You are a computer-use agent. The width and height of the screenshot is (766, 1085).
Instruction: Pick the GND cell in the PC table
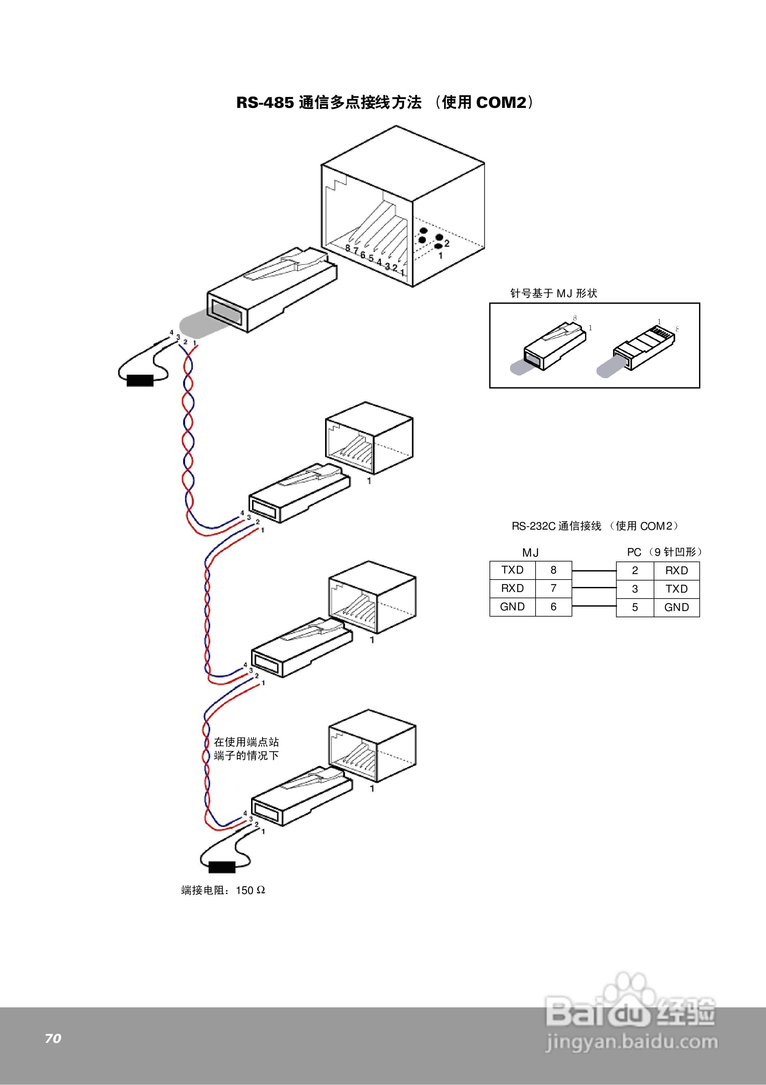(x=676, y=607)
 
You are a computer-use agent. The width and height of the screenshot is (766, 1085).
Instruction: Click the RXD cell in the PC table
(x=676, y=571)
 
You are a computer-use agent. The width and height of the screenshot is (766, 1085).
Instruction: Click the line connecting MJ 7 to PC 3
(x=594, y=588)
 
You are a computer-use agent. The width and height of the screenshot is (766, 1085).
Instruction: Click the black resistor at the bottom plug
(x=221, y=867)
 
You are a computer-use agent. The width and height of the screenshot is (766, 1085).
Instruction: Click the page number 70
(x=53, y=1038)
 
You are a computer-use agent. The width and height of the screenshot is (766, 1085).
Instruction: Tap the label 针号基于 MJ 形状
(x=554, y=293)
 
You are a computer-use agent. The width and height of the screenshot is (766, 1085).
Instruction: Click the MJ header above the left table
(x=530, y=552)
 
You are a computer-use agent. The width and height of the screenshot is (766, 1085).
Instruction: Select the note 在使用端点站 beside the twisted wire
(x=246, y=742)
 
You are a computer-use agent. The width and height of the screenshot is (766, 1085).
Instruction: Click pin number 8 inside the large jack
(x=348, y=248)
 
